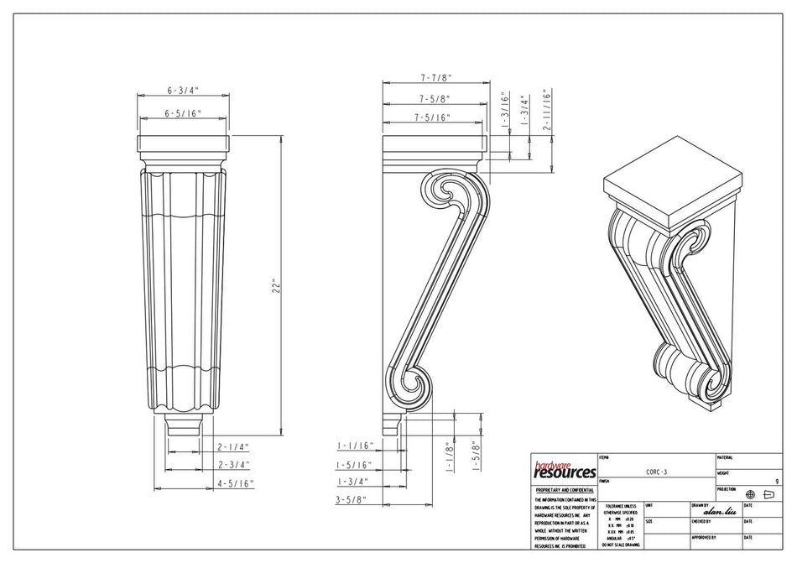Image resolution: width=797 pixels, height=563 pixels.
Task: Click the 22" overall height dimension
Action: click(273, 286)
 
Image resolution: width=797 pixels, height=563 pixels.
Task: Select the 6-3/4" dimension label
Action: click(182, 89)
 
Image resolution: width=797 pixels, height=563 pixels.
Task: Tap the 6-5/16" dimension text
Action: click(182, 112)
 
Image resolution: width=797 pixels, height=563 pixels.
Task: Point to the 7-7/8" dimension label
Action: click(435, 77)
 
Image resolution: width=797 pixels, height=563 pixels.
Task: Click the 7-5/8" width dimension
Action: click(433, 98)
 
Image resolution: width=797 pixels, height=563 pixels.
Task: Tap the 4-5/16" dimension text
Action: click(235, 483)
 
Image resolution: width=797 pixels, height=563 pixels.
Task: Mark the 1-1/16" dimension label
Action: click(353, 446)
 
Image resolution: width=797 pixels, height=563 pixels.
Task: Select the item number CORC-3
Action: click(656, 472)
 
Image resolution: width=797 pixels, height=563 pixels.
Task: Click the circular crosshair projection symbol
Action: click(750, 494)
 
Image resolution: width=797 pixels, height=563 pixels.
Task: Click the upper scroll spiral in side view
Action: click(445, 195)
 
